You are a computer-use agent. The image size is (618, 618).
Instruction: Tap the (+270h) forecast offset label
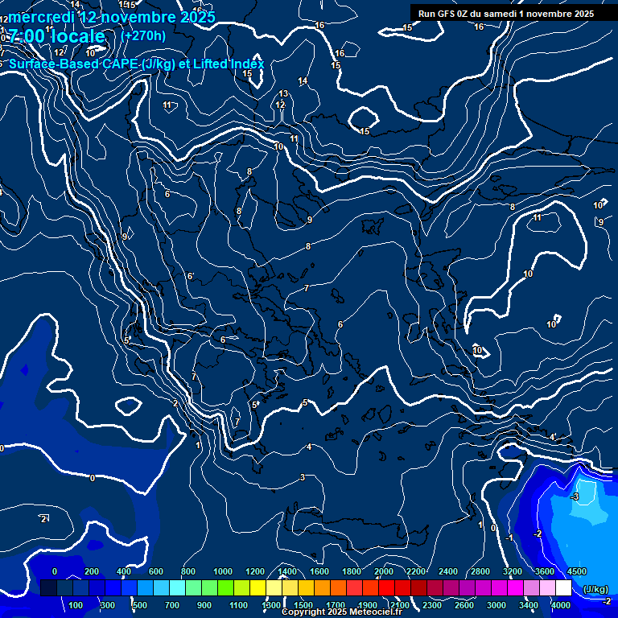pyautogui.click(x=143, y=35)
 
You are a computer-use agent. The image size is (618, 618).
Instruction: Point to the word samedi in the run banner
pyautogui.click(x=502, y=14)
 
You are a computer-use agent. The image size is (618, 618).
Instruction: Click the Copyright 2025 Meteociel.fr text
pyautogui.click(x=338, y=612)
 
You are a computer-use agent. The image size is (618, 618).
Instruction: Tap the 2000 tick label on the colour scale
pyautogui.click(x=384, y=571)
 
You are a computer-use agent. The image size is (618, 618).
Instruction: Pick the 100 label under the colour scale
pyautogui.click(x=76, y=605)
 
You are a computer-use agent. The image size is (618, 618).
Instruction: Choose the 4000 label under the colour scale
pyautogui.click(x=561, y=605)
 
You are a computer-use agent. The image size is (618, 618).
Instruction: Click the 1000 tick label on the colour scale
pyautogui.click(x=223, y=571)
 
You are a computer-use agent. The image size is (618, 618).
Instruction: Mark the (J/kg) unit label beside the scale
pyautogui.click(x=595, y=589)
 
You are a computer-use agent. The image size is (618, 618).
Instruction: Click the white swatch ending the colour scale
pyautogui.click(x=563, y=589)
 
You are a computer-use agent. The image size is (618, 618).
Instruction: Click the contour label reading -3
pyautogui.click(x=575, y=497)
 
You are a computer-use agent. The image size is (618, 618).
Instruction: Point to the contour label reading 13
pyautogui.click(x=283, y=94)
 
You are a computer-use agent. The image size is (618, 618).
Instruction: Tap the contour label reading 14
pyautogui.click(x=303, y=81)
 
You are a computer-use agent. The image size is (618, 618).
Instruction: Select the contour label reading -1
pyautogui.click(x=509, y=538)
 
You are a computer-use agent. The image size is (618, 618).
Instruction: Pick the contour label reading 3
pyautogui.click(x=303, y=478)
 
